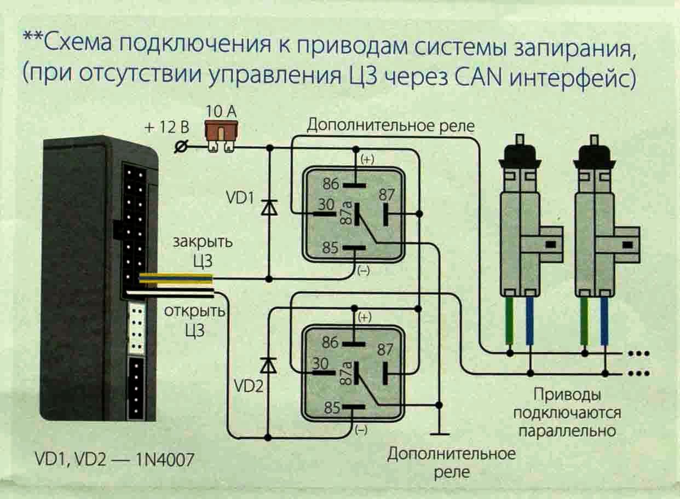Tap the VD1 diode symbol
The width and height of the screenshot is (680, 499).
click(268, 208)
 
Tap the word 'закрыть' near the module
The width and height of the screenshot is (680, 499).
click(202, 242)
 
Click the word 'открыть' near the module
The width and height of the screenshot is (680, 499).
click(194, 312)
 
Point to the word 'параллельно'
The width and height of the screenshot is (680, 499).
click(567, 430)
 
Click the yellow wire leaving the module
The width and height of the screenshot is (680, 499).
click(175, 279)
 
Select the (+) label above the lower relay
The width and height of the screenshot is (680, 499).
click(364, 317)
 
